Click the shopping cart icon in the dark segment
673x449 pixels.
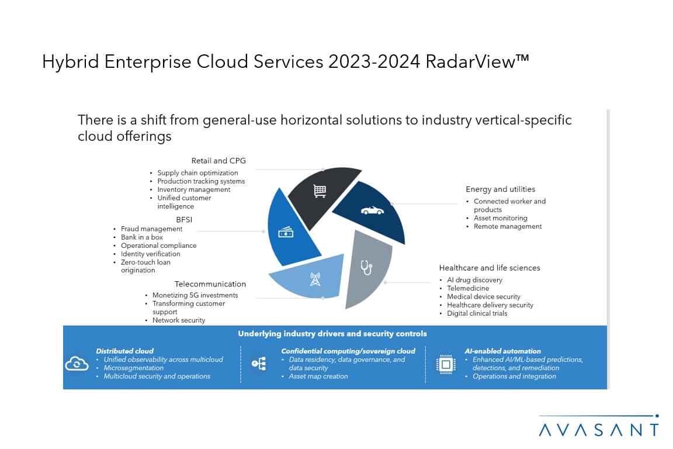pos(320,191)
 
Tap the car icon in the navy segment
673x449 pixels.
pos(372,210)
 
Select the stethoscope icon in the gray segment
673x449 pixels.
pos(366,268)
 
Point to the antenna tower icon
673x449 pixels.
pos(315,279)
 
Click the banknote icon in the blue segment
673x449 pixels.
pos(286,232)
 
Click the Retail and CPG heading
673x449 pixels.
pos(218,161)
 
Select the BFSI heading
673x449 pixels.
pos(184,220)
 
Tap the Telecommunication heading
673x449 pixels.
pos(210,284)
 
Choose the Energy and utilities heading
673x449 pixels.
pos(501,189)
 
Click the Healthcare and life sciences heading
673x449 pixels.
pos(490,268)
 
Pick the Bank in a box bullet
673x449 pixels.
pos(141,237)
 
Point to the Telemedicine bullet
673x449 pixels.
pos(468,288)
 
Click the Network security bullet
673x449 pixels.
pos(179,320)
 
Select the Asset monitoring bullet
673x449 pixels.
pos(501,218)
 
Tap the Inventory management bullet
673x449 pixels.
pos(193,189)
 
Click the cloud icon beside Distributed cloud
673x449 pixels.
pos(77,364)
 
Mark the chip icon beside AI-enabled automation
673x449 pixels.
pos(446,364)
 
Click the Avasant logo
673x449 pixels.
pos(599,426)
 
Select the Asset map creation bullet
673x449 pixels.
pos(318,377)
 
